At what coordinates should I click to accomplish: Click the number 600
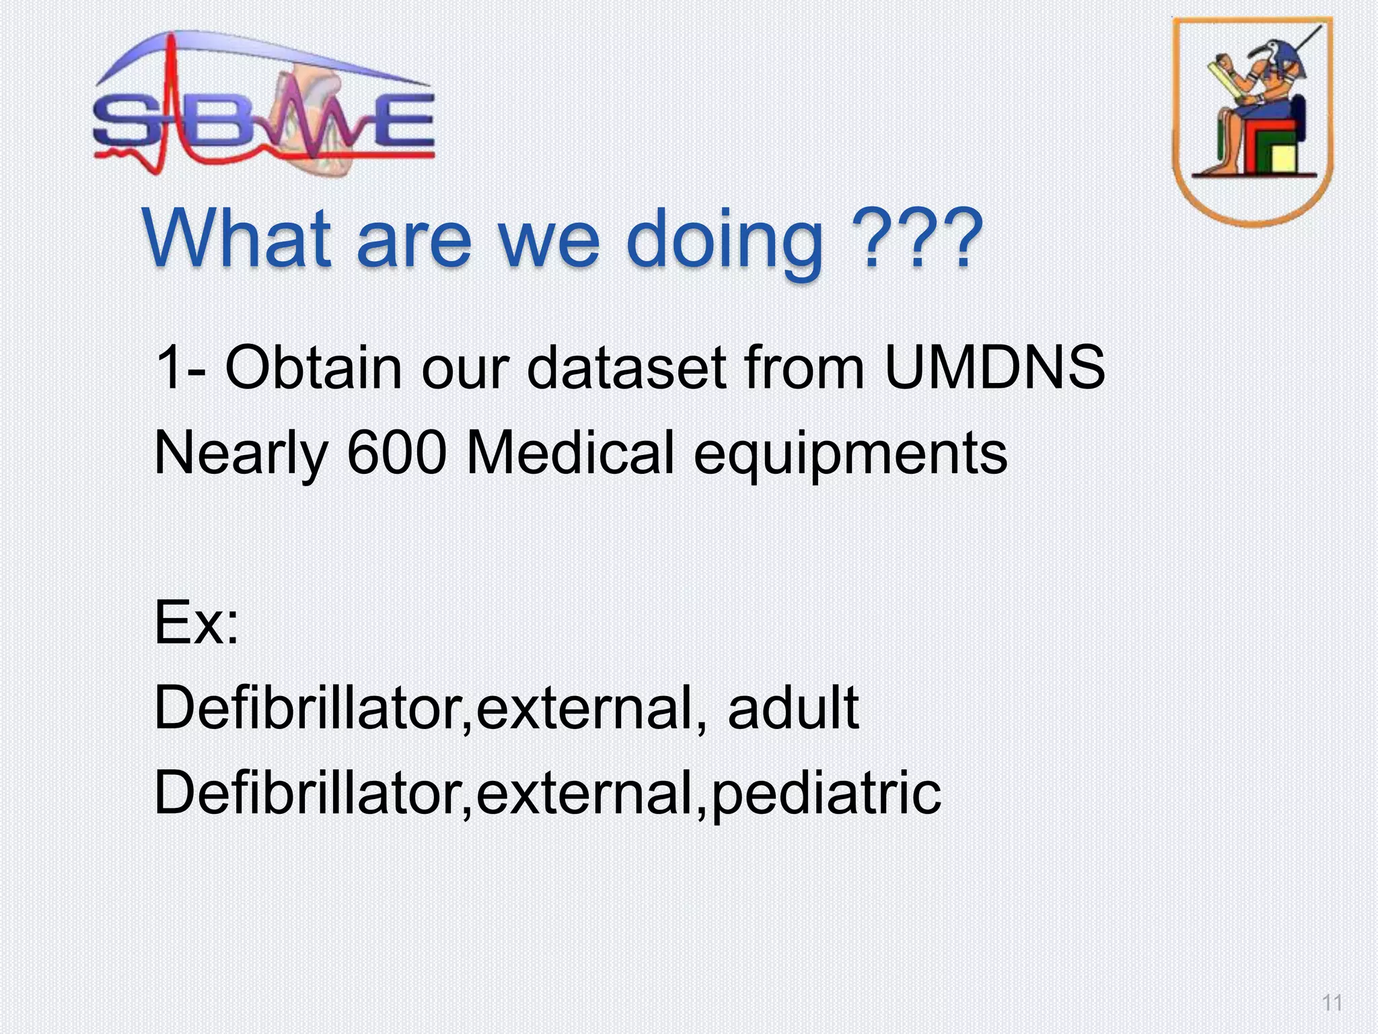(397, 452)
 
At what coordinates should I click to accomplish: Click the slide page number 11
(1332, 1003)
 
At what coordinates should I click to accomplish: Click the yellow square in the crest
(1284, 158)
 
